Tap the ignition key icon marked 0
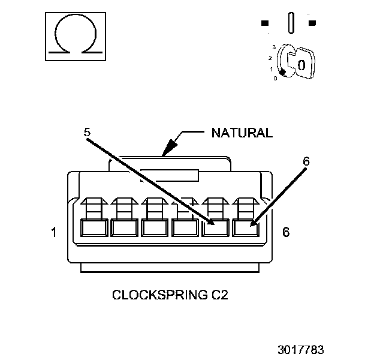coord(300,62)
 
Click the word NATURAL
coord(242,133)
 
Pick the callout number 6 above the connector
coord(306,161)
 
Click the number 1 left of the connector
coord(55,232)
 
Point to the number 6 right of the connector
coord(285,232)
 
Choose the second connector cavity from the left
coord(124,228)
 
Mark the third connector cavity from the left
coord(155,228)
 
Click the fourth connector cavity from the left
coord(185,228)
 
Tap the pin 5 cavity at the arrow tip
coord(215,228)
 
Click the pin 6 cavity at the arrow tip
coord(246,228)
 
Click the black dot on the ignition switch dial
coord(282,71)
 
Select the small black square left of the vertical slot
coord(265,23)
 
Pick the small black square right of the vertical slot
coord(312,23)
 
